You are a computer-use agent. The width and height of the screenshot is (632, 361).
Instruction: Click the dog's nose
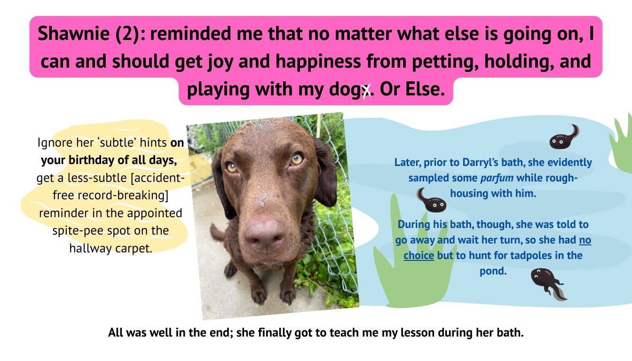click(x=264, y=236)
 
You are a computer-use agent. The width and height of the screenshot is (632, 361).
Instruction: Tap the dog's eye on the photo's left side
click(x=232, y=167)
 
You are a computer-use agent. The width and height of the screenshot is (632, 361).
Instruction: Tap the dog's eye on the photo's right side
click(x=297, y=159)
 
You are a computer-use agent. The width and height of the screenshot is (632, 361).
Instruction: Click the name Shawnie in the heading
click(x=74, y=33)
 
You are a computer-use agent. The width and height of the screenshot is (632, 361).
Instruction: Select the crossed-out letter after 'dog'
click(x=367, y=90)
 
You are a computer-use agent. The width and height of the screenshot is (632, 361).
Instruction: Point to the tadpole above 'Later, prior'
click(x=564, y=137)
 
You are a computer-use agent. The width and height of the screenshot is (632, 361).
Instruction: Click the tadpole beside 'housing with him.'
click(x=431, y=200)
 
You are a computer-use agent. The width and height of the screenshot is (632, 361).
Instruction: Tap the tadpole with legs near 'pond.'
click(x=548, y=284)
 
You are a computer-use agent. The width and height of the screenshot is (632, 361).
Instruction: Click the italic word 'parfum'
click(x=497, y=178)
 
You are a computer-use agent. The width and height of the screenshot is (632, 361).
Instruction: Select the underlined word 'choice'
click(x=419, y=256)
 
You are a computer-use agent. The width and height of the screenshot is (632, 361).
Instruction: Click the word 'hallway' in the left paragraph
click(x=91, y=249)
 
